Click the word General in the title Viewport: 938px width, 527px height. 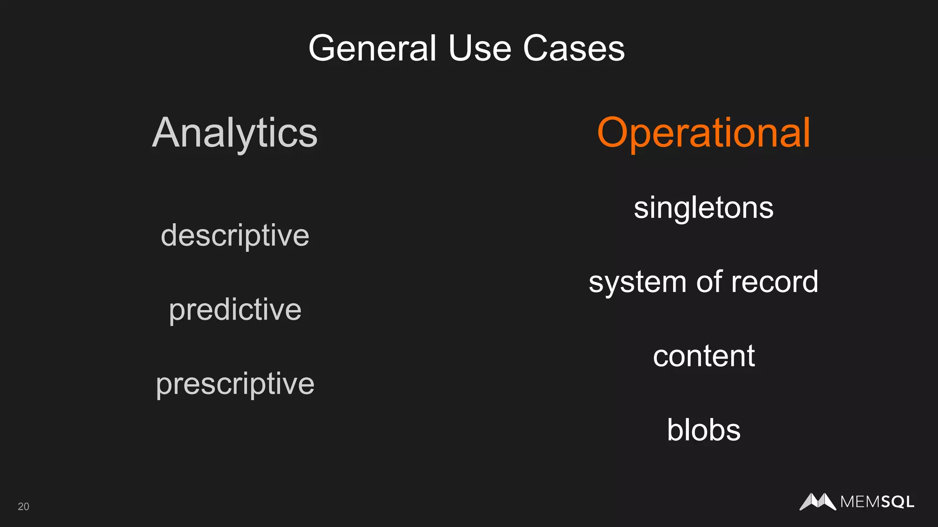click(x=372, y=48)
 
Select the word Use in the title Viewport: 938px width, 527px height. click(x=480, y=48)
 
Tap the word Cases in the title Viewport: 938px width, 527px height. click(x=574, y=48)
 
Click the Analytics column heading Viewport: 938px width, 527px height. click(x=234, y=133)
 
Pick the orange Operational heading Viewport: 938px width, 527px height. click(x=703, y=133)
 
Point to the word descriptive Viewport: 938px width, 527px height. click(x=235, y=236)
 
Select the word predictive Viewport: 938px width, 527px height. click(x=235, y=310)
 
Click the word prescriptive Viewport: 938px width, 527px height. click(x=235, y=384)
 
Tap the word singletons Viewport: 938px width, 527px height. click(x=703, y=208)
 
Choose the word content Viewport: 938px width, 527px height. click(x=703, y=356)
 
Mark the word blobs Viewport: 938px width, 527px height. click(x=703, y=430)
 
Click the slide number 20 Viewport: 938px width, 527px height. click(x=23, y=506)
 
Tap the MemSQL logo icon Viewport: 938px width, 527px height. click(x=818, y=502)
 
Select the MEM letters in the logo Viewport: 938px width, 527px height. click(x=860, y=502)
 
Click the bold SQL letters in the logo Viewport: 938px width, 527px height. click(x=897, y=502)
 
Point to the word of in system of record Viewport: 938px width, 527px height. click(x=709, y=282)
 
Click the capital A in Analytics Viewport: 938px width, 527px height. click(x=166, y=133)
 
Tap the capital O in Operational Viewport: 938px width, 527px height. click(x=615, y=133)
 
